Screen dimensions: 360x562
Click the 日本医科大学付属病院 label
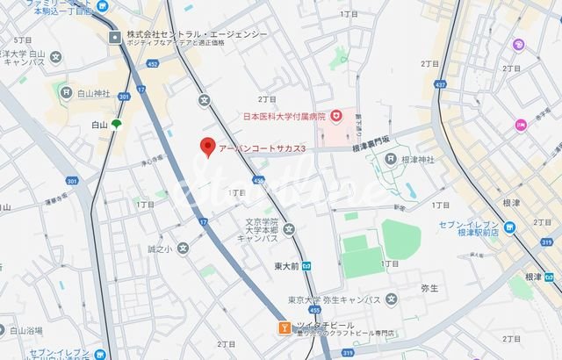click(284, 116)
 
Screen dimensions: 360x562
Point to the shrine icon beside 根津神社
click(391, 158)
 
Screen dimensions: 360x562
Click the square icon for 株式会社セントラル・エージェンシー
click(116, 36)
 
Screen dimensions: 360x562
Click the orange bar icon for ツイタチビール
click(284, 328)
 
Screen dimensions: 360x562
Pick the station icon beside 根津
click(552, 277)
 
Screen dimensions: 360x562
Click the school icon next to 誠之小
click(183, 248)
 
